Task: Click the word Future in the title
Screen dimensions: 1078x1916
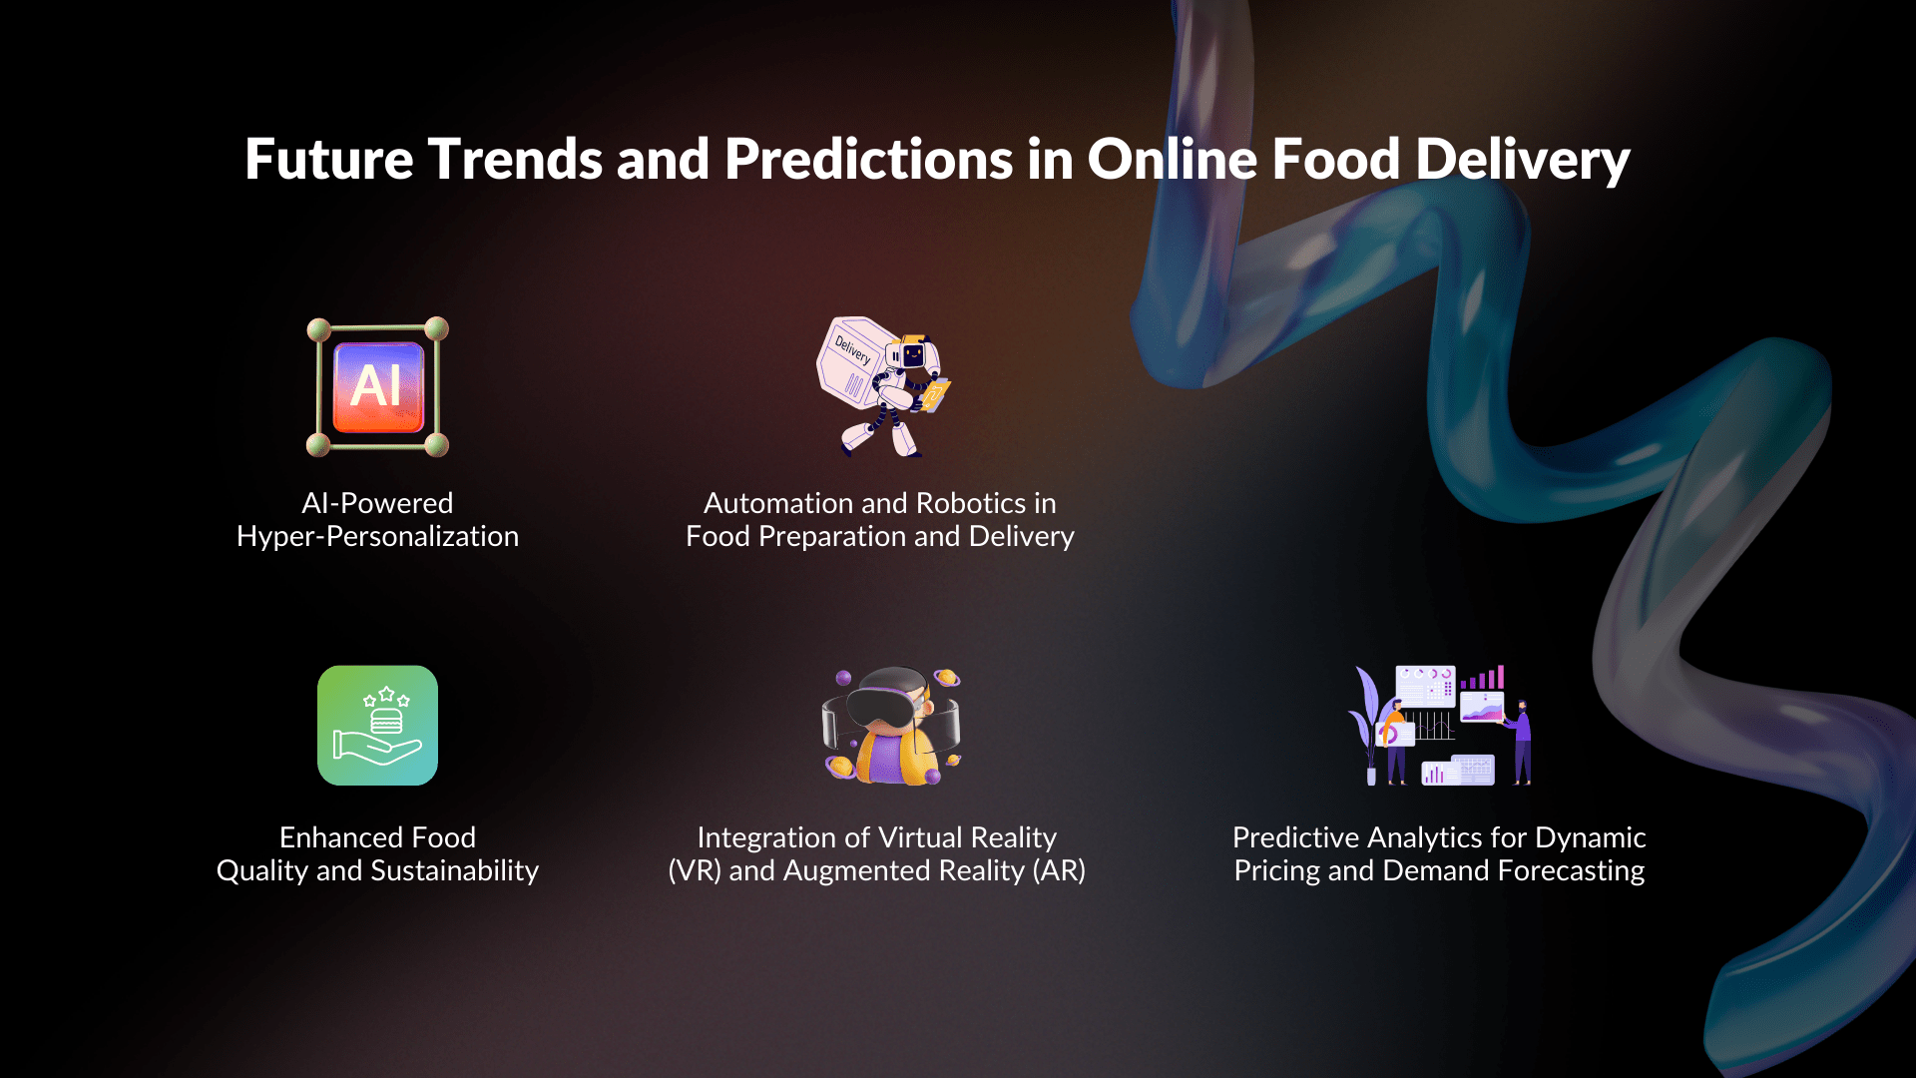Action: (x=328, y=160)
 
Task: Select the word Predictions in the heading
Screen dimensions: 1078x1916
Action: (x=868, y=160)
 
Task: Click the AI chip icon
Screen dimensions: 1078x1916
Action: (x=377, y=386)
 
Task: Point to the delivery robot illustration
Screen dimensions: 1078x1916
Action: (x=883, y=387)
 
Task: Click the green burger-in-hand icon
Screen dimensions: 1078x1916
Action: (x=377, y=726)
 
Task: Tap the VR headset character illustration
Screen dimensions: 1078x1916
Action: (x=891, y=726)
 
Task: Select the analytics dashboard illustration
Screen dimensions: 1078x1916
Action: (x=1440, y=726)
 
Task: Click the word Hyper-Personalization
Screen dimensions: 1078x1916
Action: (x=377, y=537)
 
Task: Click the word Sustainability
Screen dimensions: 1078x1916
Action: (x=454, y=871)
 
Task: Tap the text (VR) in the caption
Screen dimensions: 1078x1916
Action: (x=694, y=871)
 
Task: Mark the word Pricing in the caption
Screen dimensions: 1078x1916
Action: (x=1276, y=871)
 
